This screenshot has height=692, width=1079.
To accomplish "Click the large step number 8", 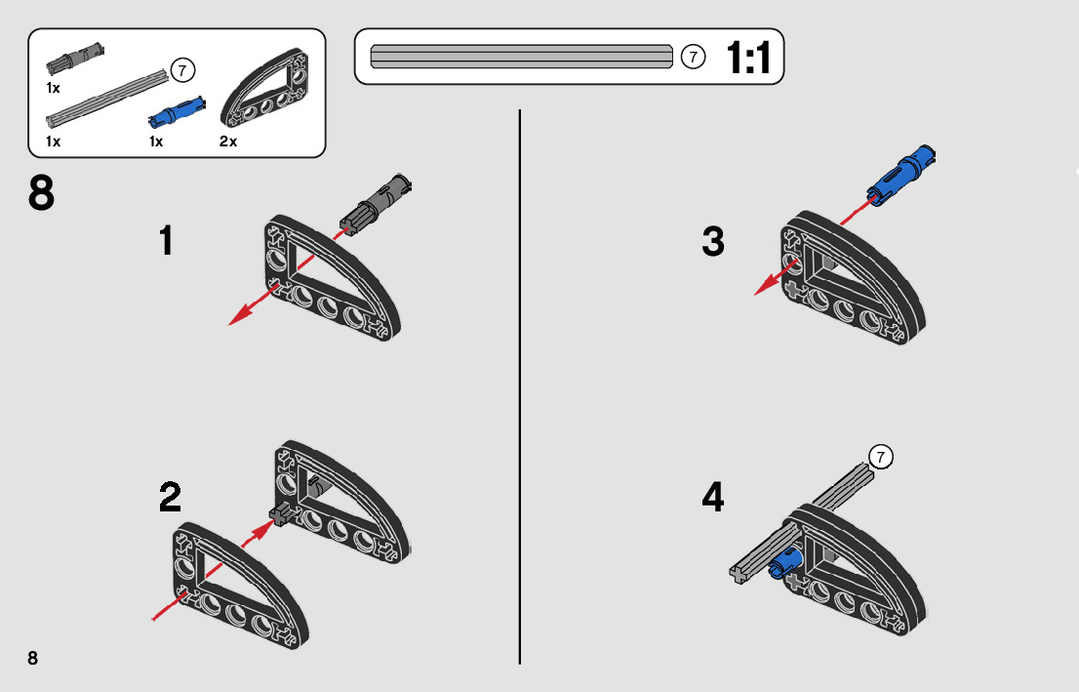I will [41, 194].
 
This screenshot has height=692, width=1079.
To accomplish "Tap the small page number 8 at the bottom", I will [33, 657].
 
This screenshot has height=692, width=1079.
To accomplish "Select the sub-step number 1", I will [167, 241].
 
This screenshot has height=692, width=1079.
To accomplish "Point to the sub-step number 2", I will [170, 498].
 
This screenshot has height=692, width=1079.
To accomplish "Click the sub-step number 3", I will [713, 242].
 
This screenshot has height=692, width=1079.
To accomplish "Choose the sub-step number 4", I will [713, 499].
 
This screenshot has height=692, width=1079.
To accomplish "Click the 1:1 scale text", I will [748, 58].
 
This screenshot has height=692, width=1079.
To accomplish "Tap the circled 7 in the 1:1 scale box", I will [692, 57].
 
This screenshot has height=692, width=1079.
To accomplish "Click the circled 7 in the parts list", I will [182, 70].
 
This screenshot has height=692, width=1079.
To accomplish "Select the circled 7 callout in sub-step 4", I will [880, 456].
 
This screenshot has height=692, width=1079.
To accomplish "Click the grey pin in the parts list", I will [76, 57].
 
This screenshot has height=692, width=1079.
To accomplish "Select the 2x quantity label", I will [228, 142].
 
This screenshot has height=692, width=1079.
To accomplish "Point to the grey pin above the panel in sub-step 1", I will [379, 199].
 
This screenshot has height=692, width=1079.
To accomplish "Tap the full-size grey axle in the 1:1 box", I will [522, 57].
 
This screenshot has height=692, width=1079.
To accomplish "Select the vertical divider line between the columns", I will [520, 390].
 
